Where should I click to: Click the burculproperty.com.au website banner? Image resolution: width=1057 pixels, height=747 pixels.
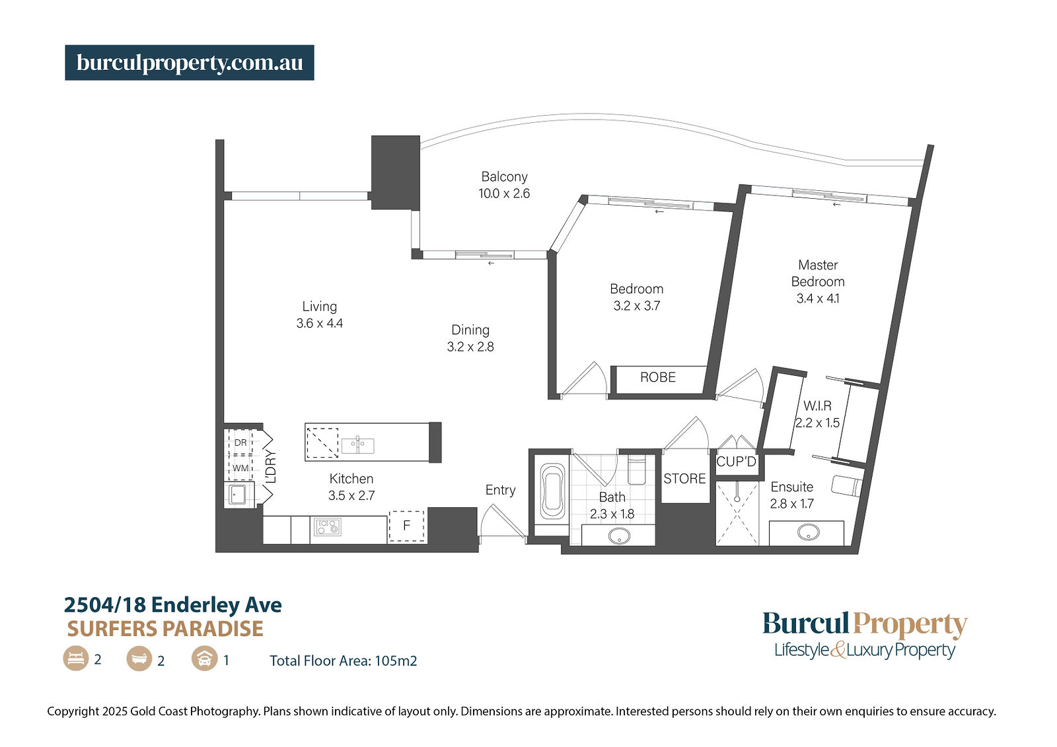pos(189,62)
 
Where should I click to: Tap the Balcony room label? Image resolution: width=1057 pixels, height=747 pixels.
pos(504,176)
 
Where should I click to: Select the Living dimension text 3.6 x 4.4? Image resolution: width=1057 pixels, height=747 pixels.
pos(320,323)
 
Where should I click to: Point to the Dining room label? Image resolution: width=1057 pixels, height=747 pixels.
pos(470,330)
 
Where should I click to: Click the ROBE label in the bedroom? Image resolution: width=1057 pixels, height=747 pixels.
pos(658,377)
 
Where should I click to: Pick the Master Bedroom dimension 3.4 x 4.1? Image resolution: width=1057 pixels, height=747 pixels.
pos(818,299)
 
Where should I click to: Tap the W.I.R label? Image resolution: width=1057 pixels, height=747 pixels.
pos(817,406)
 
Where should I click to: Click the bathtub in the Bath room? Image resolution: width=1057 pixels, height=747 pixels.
pos(552,492)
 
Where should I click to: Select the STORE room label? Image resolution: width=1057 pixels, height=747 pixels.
pos(684,478)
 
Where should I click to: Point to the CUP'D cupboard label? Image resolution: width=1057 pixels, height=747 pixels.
pos(736,462)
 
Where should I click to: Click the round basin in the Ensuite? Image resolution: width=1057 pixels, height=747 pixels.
pos(808,532)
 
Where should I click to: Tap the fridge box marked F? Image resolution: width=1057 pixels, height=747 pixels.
pos(406,526)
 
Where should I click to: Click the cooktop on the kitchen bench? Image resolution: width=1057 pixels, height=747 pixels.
pos(328,526)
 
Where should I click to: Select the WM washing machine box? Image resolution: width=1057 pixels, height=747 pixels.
pos(240,468)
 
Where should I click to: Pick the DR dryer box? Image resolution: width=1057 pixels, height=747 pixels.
pos(240,442)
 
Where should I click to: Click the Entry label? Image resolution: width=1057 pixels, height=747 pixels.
pos(500,490)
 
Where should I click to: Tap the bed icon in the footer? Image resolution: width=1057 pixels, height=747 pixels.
pos(75,658)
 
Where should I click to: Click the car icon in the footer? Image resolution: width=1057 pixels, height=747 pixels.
pos(204,658)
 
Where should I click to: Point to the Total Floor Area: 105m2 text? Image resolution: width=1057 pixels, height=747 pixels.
pos(343,660)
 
